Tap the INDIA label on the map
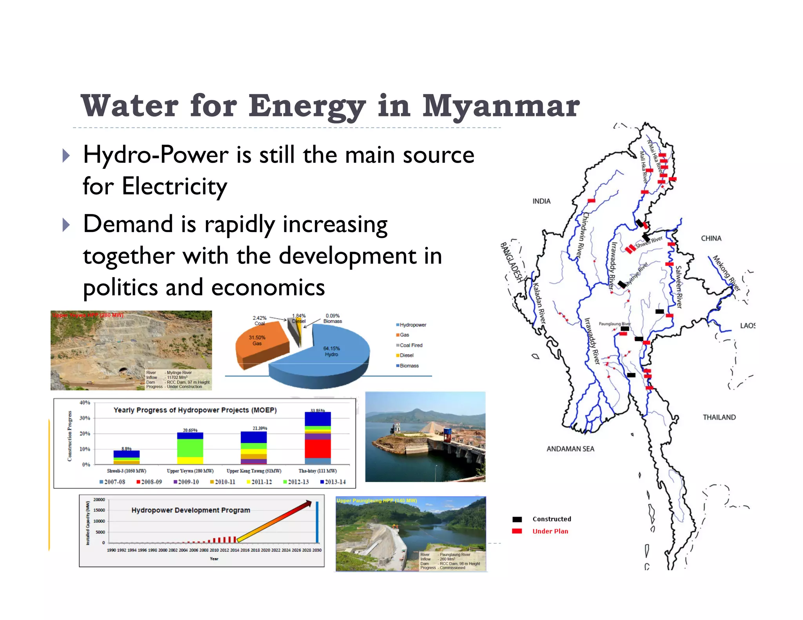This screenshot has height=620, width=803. pos(541,201)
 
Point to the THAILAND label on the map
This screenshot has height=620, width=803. pos(719,417)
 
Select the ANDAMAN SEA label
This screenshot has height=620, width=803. pos(570,449)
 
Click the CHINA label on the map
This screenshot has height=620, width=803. pos(711,238)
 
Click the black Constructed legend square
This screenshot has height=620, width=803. pos(517,519)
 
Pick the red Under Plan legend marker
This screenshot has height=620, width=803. pos(517,531)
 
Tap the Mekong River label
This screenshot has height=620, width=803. pos(726,273)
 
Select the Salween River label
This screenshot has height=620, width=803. pos(679,287)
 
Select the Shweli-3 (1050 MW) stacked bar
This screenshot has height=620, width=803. pos(126,457)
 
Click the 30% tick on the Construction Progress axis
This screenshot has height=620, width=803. pos(85,418)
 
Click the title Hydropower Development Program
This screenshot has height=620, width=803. pos(191,510)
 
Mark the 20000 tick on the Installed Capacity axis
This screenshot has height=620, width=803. pos(99,500)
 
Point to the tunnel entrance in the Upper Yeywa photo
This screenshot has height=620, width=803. pos(123,371)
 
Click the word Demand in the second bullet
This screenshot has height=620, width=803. pos(128,224)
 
